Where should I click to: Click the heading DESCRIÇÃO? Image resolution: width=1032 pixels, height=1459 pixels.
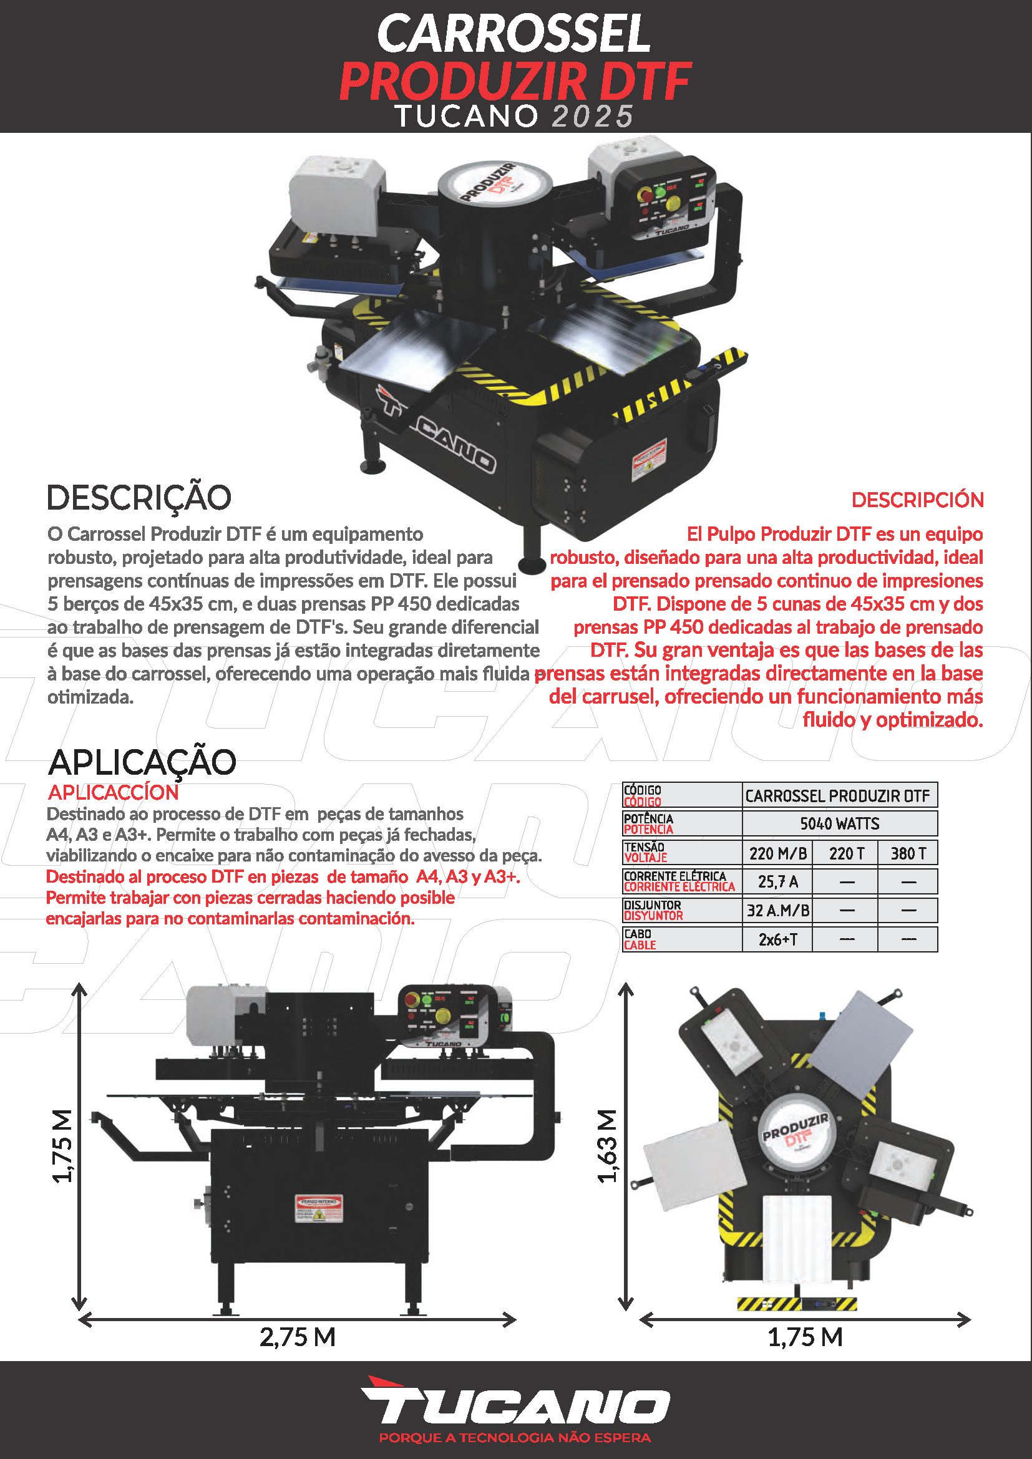click(x=139, y=498)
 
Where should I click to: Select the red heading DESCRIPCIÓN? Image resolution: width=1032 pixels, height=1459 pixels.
click(x=917, y=500)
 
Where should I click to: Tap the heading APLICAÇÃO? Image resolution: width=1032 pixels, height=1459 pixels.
click(x=142, y=762)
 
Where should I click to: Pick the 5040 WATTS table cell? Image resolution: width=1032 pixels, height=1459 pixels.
click(x=839, y=823)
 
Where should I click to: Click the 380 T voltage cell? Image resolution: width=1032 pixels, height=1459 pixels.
click(x=907, y=853)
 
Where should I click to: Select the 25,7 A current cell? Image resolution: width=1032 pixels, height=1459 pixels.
click(x=777, y=881)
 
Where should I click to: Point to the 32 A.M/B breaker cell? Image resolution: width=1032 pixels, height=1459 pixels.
click(x=777, y=911)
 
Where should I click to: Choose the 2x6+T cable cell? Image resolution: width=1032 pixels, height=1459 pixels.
click(x=777, y=939)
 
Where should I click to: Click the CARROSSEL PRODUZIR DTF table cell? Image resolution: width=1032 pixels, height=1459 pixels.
click(x=839, y=795)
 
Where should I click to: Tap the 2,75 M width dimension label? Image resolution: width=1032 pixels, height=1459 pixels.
click(x=297, y=1337)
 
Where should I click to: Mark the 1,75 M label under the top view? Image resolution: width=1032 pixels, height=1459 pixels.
click(x=804, y=1337)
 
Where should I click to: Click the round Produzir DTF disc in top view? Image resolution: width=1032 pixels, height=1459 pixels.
click(x=796, y=1138)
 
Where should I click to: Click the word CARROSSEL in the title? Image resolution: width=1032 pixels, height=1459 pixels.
click(x=515, y=34)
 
